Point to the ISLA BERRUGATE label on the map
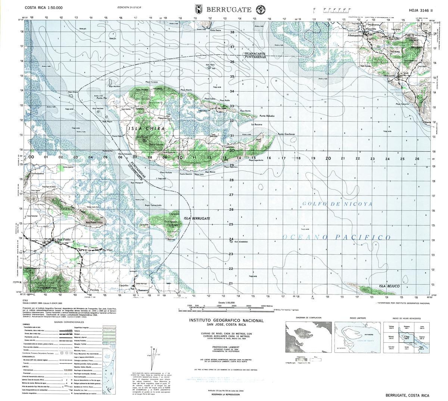point(197,218)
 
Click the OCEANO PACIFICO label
point(337,237)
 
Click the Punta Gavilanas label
point(286,134)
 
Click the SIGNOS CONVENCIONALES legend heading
point(69,322)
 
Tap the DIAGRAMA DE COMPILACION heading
point(308,318)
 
